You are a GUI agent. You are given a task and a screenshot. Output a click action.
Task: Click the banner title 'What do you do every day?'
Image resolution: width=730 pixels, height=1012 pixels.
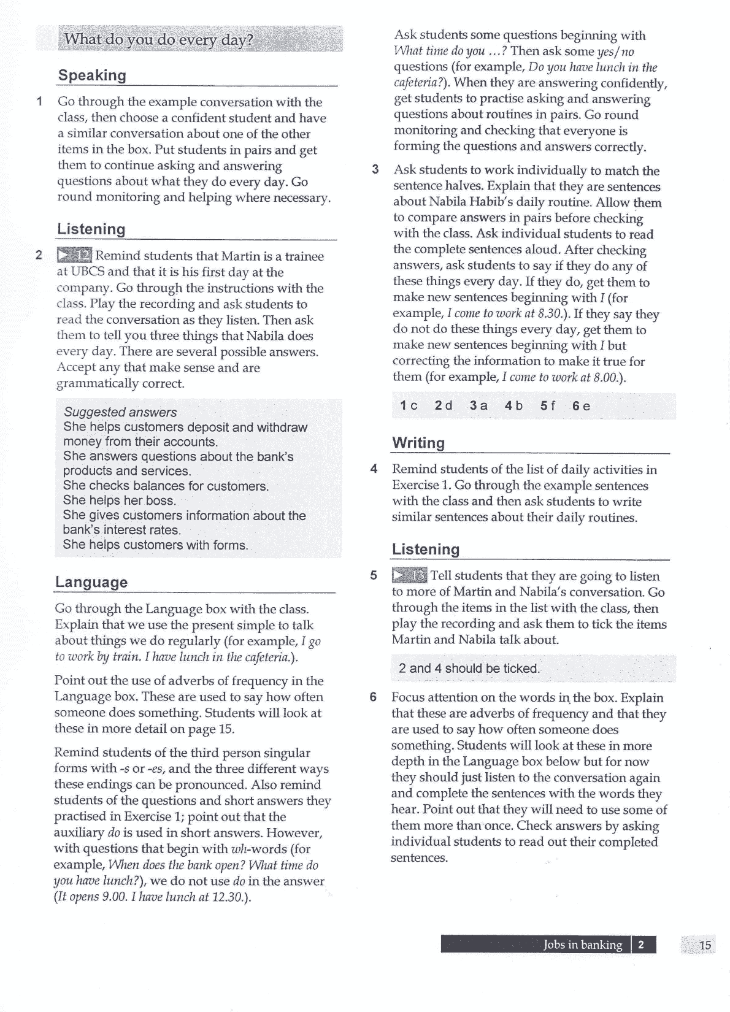159,40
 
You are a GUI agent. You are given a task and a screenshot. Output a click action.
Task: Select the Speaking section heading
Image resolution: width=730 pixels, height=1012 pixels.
92,75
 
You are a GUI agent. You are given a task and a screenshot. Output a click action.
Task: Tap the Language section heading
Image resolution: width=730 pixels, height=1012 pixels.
91,581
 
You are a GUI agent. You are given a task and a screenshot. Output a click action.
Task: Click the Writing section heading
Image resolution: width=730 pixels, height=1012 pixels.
418,442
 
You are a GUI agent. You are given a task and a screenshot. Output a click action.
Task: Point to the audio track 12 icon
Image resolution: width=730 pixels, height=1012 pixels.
74,255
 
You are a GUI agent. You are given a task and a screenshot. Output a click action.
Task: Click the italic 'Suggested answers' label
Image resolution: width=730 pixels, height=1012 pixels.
120,412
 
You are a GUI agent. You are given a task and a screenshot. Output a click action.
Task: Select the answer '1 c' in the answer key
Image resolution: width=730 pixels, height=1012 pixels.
409,405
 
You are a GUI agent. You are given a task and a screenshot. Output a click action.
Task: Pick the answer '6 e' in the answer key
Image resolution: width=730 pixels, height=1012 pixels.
581,405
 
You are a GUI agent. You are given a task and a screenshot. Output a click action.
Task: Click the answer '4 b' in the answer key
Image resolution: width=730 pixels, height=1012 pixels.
513,405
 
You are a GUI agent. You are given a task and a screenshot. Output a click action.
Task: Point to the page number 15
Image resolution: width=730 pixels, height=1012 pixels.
705,945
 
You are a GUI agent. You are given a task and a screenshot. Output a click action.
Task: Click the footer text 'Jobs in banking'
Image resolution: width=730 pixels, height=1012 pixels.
583,945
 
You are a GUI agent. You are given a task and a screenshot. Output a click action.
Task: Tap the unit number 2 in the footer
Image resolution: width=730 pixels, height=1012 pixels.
641,945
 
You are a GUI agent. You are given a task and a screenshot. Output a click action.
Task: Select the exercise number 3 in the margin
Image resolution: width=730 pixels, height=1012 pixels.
375,170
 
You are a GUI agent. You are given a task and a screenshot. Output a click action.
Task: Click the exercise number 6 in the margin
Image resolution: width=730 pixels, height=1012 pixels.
373,697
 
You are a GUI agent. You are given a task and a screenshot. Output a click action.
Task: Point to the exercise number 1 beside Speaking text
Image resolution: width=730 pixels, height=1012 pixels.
39,101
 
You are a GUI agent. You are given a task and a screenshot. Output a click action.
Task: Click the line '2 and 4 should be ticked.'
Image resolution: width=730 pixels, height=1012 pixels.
469,668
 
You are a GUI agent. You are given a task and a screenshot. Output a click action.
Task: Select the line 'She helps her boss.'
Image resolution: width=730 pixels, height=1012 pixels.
119,500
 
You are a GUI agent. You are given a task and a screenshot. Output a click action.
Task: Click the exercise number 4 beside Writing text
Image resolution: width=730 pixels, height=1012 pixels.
374,469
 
